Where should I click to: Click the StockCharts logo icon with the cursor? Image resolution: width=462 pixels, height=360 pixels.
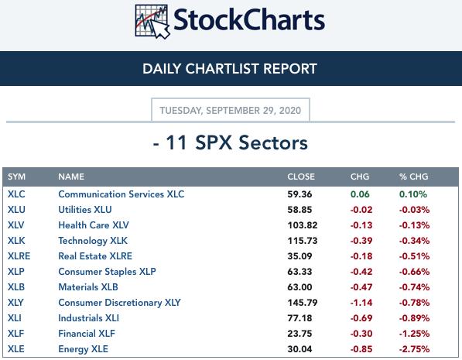(152, 22)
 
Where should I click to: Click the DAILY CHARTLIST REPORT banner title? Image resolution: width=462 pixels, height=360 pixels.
(230, 69)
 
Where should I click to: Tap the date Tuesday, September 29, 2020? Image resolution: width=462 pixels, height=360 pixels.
(231, 111)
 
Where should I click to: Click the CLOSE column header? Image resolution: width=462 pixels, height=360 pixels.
(301, 177)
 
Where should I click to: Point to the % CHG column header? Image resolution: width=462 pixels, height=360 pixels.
(413, 177)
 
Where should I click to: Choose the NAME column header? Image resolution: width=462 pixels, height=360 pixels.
(71, 177)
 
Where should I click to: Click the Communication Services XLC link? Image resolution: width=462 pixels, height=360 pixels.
(121, 194)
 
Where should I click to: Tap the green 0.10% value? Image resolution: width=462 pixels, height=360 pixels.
(412, 194)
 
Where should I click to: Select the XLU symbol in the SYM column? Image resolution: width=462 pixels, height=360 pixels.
(16, 210)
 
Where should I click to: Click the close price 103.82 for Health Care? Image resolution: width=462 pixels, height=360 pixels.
(303, 225)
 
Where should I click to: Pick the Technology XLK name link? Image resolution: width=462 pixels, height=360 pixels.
(93, 241)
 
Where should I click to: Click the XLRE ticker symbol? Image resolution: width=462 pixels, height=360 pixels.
(19, 256)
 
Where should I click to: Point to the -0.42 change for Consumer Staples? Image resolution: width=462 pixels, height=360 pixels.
(361, 272)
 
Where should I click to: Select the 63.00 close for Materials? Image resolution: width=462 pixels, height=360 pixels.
(299, 287)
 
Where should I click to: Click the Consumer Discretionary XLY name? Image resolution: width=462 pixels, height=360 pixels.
(119, 303)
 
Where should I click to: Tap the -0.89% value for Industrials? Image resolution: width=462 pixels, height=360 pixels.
(414, 318)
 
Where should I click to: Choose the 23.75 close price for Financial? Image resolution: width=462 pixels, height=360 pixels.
(299, 334)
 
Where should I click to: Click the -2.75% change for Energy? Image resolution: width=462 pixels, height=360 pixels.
(414, 349)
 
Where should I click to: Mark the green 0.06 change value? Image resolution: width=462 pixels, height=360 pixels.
(360, 194)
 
